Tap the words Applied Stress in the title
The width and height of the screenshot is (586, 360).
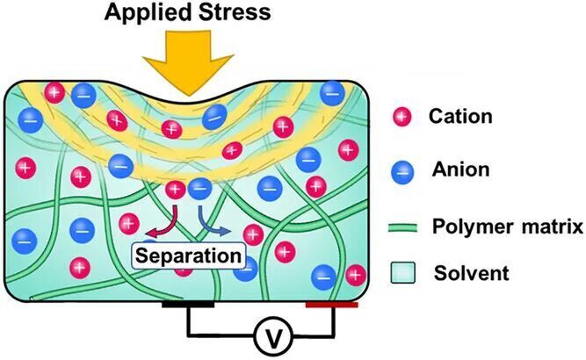pos(185,13)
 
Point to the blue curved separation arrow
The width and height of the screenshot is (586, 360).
pos(209,221)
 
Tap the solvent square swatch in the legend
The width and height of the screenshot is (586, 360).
pos(402,273)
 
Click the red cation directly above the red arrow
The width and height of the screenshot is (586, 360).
pos(176,189)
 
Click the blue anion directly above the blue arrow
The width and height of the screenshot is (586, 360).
pos(199,188)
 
